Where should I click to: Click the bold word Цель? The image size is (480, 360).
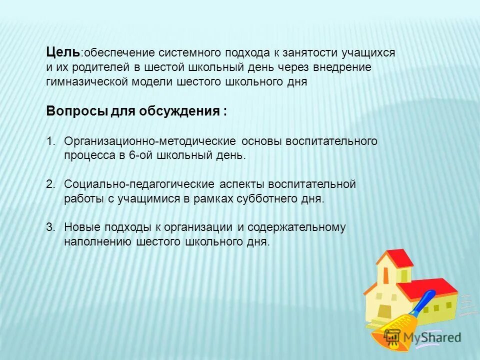point(62,51)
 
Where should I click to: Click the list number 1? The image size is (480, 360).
point(50,141)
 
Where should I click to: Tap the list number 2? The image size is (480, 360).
point(50,184)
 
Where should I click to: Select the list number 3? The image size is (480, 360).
point(50,227)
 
